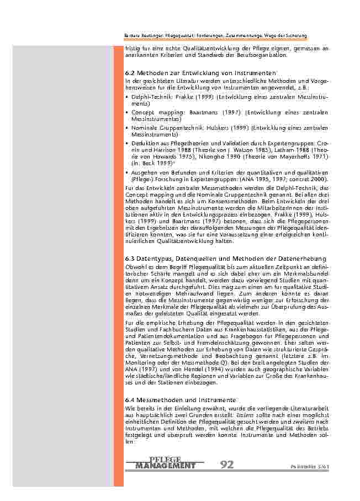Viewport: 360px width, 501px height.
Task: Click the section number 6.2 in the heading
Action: (130, 73)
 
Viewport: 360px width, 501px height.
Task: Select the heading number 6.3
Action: (130, 259)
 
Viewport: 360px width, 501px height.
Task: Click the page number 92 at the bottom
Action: (227, 465)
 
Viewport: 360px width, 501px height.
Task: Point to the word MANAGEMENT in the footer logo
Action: (165, 466)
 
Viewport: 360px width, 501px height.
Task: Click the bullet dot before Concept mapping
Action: (128, 112)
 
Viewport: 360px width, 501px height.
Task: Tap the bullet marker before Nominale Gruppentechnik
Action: (128, 128)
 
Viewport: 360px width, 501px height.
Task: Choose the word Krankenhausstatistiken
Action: (236, 329)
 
